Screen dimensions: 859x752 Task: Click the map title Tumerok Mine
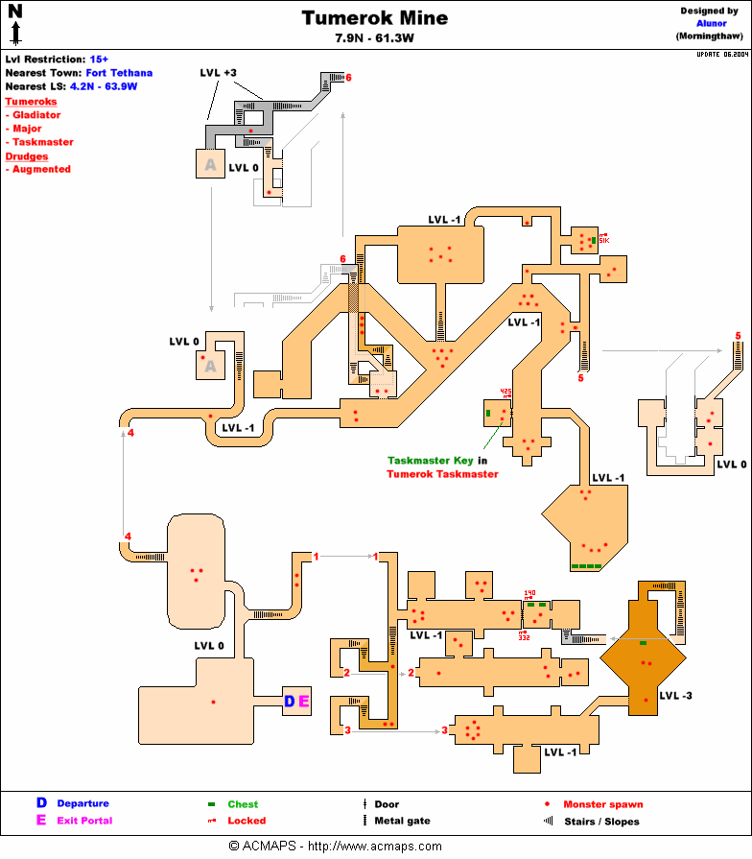click(x=374, y=18)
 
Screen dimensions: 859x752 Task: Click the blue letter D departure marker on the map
click(x=290, y=702)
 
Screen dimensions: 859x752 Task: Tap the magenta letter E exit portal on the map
click(x=304, y=702)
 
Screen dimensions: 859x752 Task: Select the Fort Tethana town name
click(x=118, y=73)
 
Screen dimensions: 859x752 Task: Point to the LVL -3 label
click(x=675, y=694)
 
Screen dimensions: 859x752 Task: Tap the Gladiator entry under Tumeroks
click(x=36, y=115)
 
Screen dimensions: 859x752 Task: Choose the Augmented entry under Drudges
click(x=41, y=169)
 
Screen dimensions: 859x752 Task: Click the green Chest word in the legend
click(x=243, y=804)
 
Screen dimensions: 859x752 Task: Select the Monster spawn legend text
click(x=602, y=804)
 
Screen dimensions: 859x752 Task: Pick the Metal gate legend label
click(x=402, y=821)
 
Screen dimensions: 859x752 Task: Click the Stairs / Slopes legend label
click(x=601, y=822)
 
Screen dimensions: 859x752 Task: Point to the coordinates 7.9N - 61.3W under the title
click(x=375, y=38)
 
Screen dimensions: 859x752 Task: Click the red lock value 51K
click(x=604, y=240)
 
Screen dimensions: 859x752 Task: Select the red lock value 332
click(x=525, y=637)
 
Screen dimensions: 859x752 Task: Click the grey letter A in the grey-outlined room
click(x=210, y=165)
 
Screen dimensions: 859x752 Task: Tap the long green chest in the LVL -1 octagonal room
click(x=586, y=567)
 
